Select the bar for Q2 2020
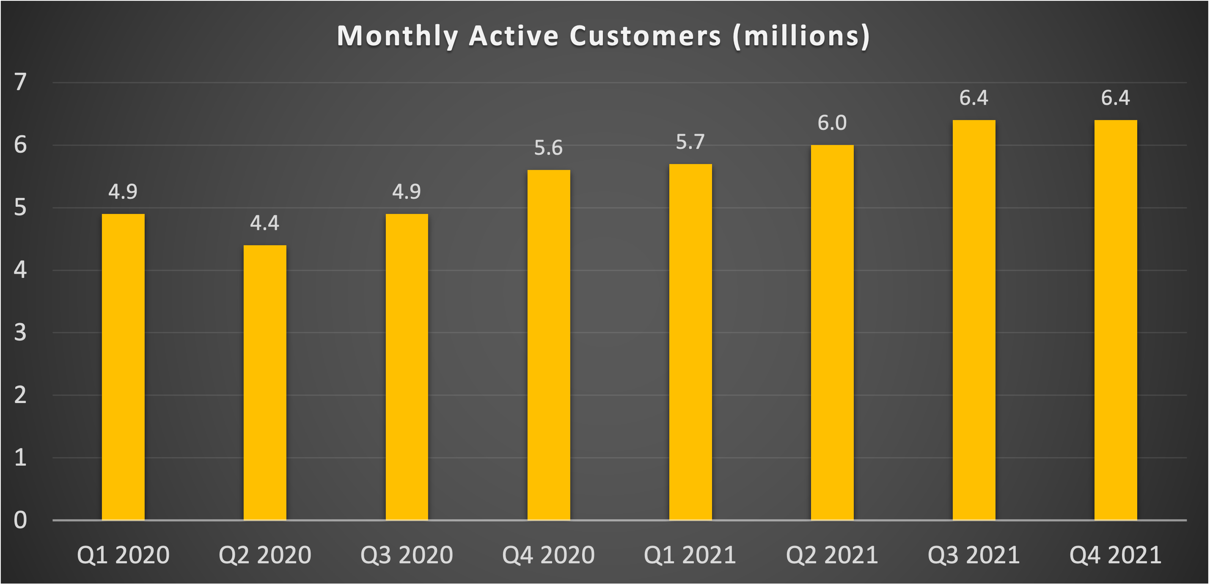point(264,383)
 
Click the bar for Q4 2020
point(548,345)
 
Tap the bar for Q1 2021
point(690,342)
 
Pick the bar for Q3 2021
point(974,320)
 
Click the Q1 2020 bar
point(123,367)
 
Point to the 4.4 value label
point(264,223)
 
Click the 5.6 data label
point(548,148)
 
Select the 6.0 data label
point(832,123)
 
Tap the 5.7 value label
point(690,142)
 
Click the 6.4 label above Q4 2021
point(1116,98)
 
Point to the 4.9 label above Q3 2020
point(406,192)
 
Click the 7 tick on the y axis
point(20,82)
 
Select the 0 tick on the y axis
point(20,520)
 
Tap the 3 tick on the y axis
point(20,332)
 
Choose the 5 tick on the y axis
point(20,208)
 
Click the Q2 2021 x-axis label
point(832,555)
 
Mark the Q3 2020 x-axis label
point(406,555)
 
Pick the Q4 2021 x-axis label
point(1116,555)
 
